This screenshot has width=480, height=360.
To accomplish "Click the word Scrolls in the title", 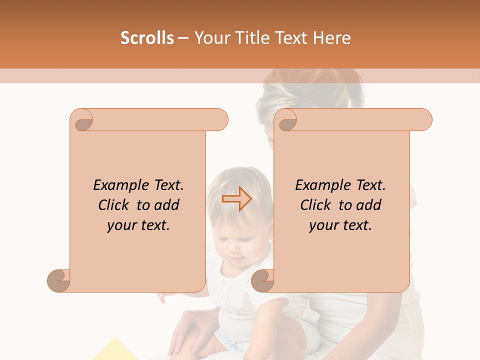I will point(146,38).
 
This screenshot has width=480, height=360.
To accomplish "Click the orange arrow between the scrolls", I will point(236,199).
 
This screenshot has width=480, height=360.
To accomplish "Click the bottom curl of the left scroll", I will point(59,280).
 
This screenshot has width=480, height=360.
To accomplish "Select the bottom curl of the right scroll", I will point(262,280).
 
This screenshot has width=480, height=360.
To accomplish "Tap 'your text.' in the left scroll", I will point(138,225).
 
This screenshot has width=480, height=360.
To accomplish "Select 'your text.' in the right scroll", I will point(340,225).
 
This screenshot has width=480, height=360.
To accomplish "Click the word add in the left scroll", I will point(167,205).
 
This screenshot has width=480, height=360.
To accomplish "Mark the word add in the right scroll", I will point(369,205).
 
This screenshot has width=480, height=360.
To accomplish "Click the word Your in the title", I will point(211,38).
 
